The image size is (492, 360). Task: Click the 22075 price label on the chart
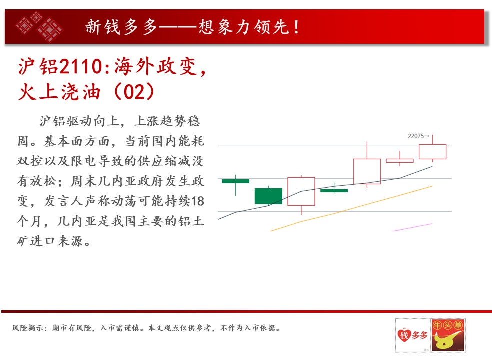pyautogui.click(x=416, y=136)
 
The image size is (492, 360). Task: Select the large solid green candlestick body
pyautogui.click(x=268, y=196)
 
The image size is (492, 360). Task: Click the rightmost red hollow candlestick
pyautogui.click(x=433, y=152)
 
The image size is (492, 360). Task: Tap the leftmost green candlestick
pyautogui.click(x=235, y=181)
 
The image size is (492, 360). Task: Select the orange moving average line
pyautogui.click(x=351, y=209)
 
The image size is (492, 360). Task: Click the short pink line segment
pyautogui.click(x=412, y=227)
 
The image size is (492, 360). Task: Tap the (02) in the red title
pyautogui.click(x=134, y=92)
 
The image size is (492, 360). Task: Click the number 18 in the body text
pyautogui.click(x=198, y=201)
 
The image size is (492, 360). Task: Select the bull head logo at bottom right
pyautogui.click(x=448, y=335)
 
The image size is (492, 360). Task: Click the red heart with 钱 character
pyautogui.click(x=404, y=335)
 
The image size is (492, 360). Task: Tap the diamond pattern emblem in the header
pyautogui.click(x=40, y=26)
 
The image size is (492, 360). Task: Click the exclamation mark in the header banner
pyautogui.click(x=296, y=27)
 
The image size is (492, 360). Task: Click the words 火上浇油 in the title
pyautogui.click(x=59, y=92)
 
